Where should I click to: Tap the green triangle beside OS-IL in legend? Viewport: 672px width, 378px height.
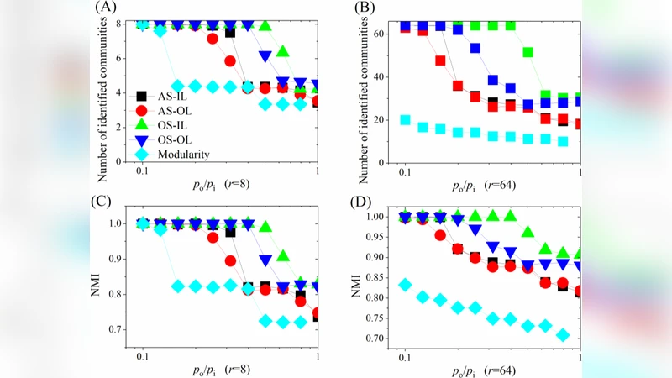(144, 125)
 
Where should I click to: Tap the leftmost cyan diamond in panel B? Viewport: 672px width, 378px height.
(406, 120)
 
